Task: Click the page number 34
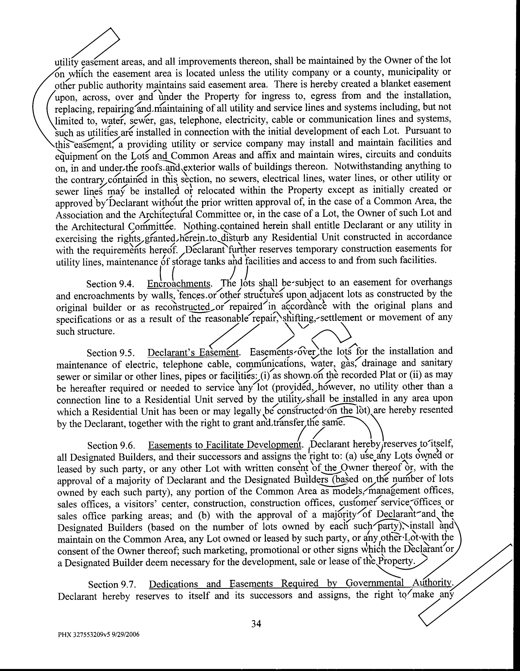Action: click(x=256, y=623)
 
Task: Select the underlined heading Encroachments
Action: click(x=179, y=283)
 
